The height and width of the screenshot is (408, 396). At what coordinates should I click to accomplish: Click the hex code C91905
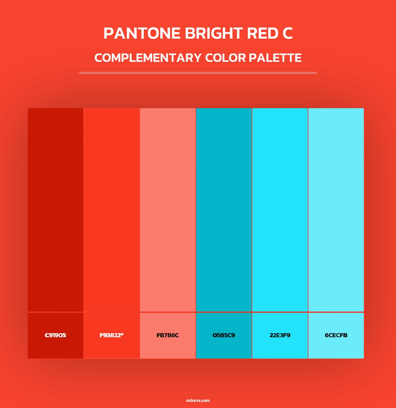click(55, 335)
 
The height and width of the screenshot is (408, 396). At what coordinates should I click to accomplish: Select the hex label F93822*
click(111, 335)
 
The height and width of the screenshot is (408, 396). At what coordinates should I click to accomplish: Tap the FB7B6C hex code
click(168, 335)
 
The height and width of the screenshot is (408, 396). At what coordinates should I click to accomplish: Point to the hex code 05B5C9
click(224, 335)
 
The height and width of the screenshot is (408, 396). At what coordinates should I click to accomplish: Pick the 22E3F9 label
click(280, 335)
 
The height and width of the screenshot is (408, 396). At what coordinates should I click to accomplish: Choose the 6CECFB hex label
click(336, 335)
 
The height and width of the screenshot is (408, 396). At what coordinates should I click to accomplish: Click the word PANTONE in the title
click(142, 33)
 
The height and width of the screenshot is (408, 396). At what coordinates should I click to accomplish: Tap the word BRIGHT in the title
click(214, 33)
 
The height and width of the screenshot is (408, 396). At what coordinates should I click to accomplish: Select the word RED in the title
click(262, 33)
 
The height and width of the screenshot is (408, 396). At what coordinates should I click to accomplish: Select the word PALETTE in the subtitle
click(275, 58)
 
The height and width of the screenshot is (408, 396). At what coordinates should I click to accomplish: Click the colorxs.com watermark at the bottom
click(198, 400)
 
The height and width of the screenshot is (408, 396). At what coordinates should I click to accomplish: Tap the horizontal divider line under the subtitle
click(198, 73)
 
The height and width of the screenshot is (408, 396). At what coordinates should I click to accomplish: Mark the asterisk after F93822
click(122, 334)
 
